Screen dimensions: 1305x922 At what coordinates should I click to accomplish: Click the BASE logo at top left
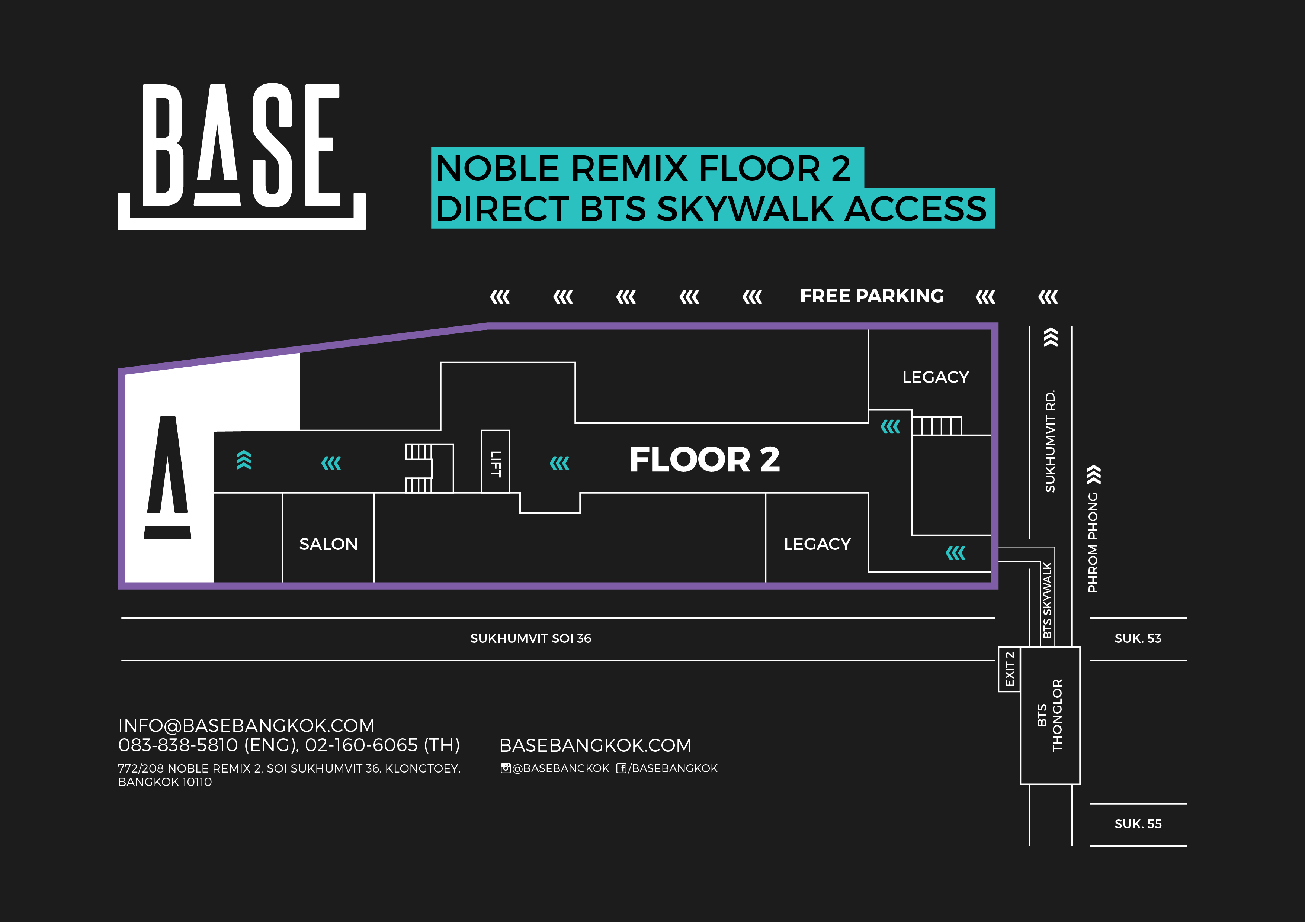[x=241, y=156]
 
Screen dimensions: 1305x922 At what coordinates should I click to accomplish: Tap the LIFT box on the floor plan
[x=495, y=462]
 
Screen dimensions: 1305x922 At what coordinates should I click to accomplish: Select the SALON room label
[x=328, y=544]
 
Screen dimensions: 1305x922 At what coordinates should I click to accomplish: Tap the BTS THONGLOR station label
[x=1049, y=715]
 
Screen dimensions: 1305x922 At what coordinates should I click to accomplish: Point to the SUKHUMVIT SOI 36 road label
[x=530, y=639]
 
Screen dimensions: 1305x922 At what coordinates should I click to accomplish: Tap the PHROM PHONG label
[x=1093, y=542]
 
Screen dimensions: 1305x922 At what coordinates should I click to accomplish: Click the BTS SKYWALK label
[x=1047, y=600]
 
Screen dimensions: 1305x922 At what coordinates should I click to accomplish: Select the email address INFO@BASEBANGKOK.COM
[x=246, y=725]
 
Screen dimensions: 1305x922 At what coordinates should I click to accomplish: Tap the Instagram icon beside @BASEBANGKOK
[x=505, y=768]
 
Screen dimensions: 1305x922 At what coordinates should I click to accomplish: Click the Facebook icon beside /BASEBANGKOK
[x=621, y=768]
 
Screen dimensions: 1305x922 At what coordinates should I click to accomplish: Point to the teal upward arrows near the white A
[x=243, y=460]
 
